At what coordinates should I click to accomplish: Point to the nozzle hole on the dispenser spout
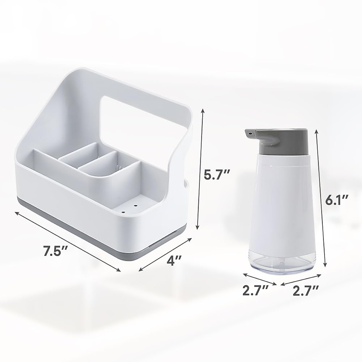pos(249,132)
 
